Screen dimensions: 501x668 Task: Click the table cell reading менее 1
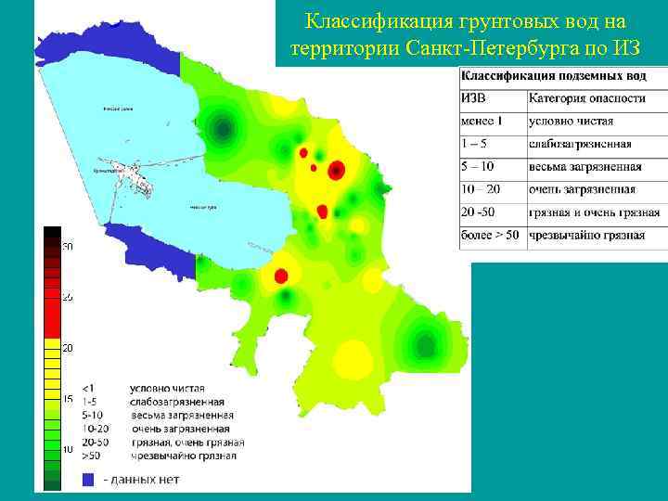point(482,121)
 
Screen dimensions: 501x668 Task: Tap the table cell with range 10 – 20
point(482,189)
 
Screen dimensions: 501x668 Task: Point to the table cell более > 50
point(490,236)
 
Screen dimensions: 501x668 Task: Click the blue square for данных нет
point(89,479)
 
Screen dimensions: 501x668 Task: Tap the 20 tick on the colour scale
point(67,348)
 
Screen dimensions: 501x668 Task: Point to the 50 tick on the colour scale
point(67,247)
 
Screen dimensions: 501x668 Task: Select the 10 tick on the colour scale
point(67,449)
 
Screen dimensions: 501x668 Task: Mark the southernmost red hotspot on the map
point(281,275)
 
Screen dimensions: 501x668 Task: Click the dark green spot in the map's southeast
point(426,345)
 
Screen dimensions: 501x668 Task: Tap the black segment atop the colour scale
point(52,232)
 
